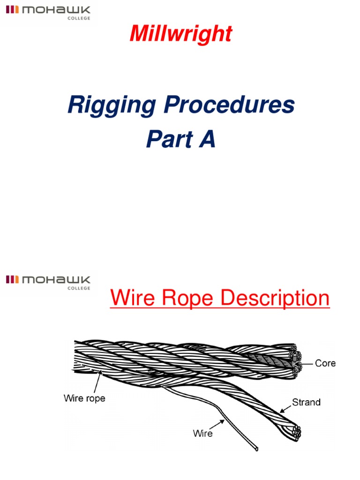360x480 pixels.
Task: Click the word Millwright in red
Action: (x=181, y=34)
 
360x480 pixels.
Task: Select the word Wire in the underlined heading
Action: (x=133, y=299)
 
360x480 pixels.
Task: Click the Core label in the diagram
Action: (x=325, y=363)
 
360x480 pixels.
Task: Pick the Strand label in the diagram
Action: (x=306, y=402)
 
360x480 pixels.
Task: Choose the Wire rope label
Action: (x=84, y=398)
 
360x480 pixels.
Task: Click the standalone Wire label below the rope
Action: (x=202, y=434)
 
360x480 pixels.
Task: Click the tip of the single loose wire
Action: (x=257, y=450)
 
